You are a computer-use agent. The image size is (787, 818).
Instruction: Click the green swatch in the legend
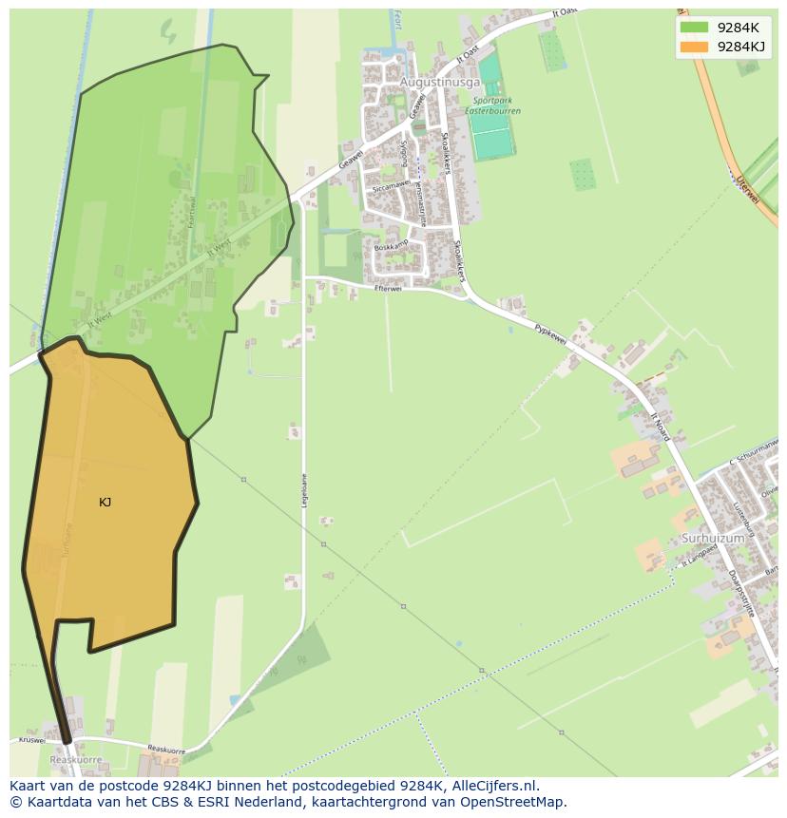click(x=694, y=28)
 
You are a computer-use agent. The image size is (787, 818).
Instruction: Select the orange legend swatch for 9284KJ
click(x=694, y=47)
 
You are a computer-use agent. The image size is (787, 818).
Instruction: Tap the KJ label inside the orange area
click(x=105, y=502)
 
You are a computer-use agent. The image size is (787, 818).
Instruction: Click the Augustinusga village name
click(x=440, y=83)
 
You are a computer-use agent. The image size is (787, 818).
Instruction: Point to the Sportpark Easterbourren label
click(x=492, y=105)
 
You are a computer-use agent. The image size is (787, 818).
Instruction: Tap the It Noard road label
click(x=661, y=427)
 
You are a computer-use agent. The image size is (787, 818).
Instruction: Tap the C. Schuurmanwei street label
click(x=756, y=454)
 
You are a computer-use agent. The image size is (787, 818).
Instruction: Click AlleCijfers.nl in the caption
click(x=495, y=786)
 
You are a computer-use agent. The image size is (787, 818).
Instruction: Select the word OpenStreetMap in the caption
click(x=513, y=802)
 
